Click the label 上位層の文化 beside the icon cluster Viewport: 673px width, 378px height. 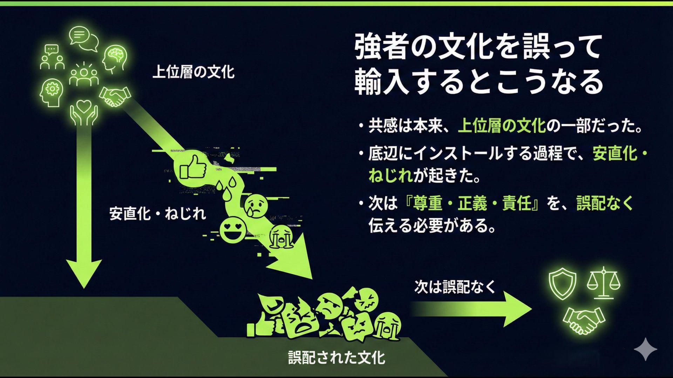point(193,72)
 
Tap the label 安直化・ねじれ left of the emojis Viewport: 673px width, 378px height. point(157,213)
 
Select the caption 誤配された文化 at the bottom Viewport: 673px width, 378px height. point(336,357)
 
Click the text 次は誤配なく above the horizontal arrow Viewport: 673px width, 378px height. point(455,287)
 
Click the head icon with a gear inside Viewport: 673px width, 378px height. point(52,92)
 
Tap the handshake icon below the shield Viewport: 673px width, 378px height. point(584,320)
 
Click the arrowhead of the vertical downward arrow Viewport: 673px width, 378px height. point(84,273)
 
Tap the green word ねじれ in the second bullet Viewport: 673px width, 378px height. point(390,175)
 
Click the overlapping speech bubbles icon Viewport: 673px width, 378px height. point(83,38)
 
